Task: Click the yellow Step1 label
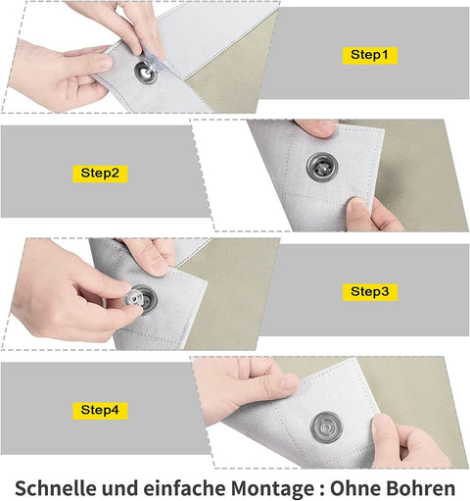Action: coord(370,55)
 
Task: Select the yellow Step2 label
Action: coord(100,174)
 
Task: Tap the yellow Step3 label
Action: coord(370,292)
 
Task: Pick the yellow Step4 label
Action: coord(100,411)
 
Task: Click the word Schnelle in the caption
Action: coord(56,488)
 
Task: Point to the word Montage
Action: coord(273,489)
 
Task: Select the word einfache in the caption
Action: coord(185,488)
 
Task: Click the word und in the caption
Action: coord(120,488)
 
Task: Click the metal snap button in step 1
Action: coord(146,73)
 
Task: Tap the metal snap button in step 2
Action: coord(322,167)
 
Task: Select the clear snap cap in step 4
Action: coord(327,427)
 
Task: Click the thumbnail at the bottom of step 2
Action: coord(355,207)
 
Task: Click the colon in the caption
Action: coord(322,490)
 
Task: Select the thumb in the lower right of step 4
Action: coord(390,438)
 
